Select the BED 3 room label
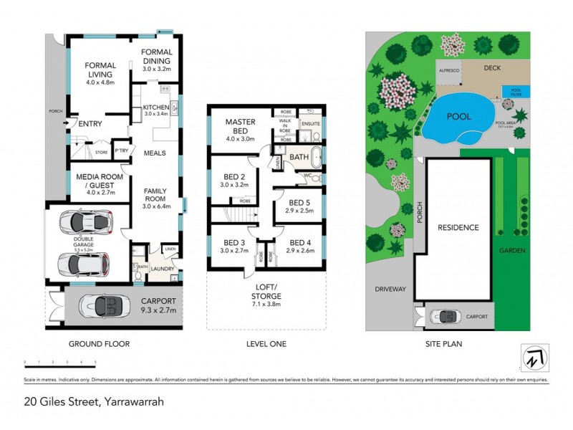pyautogui.click(x=234, y=247)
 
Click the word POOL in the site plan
pyautogui.click(x=458, y=116)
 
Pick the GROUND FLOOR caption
pyautogui.click(x=99, y=344)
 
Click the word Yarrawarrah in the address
pyautogui.click(x=134, y=401)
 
